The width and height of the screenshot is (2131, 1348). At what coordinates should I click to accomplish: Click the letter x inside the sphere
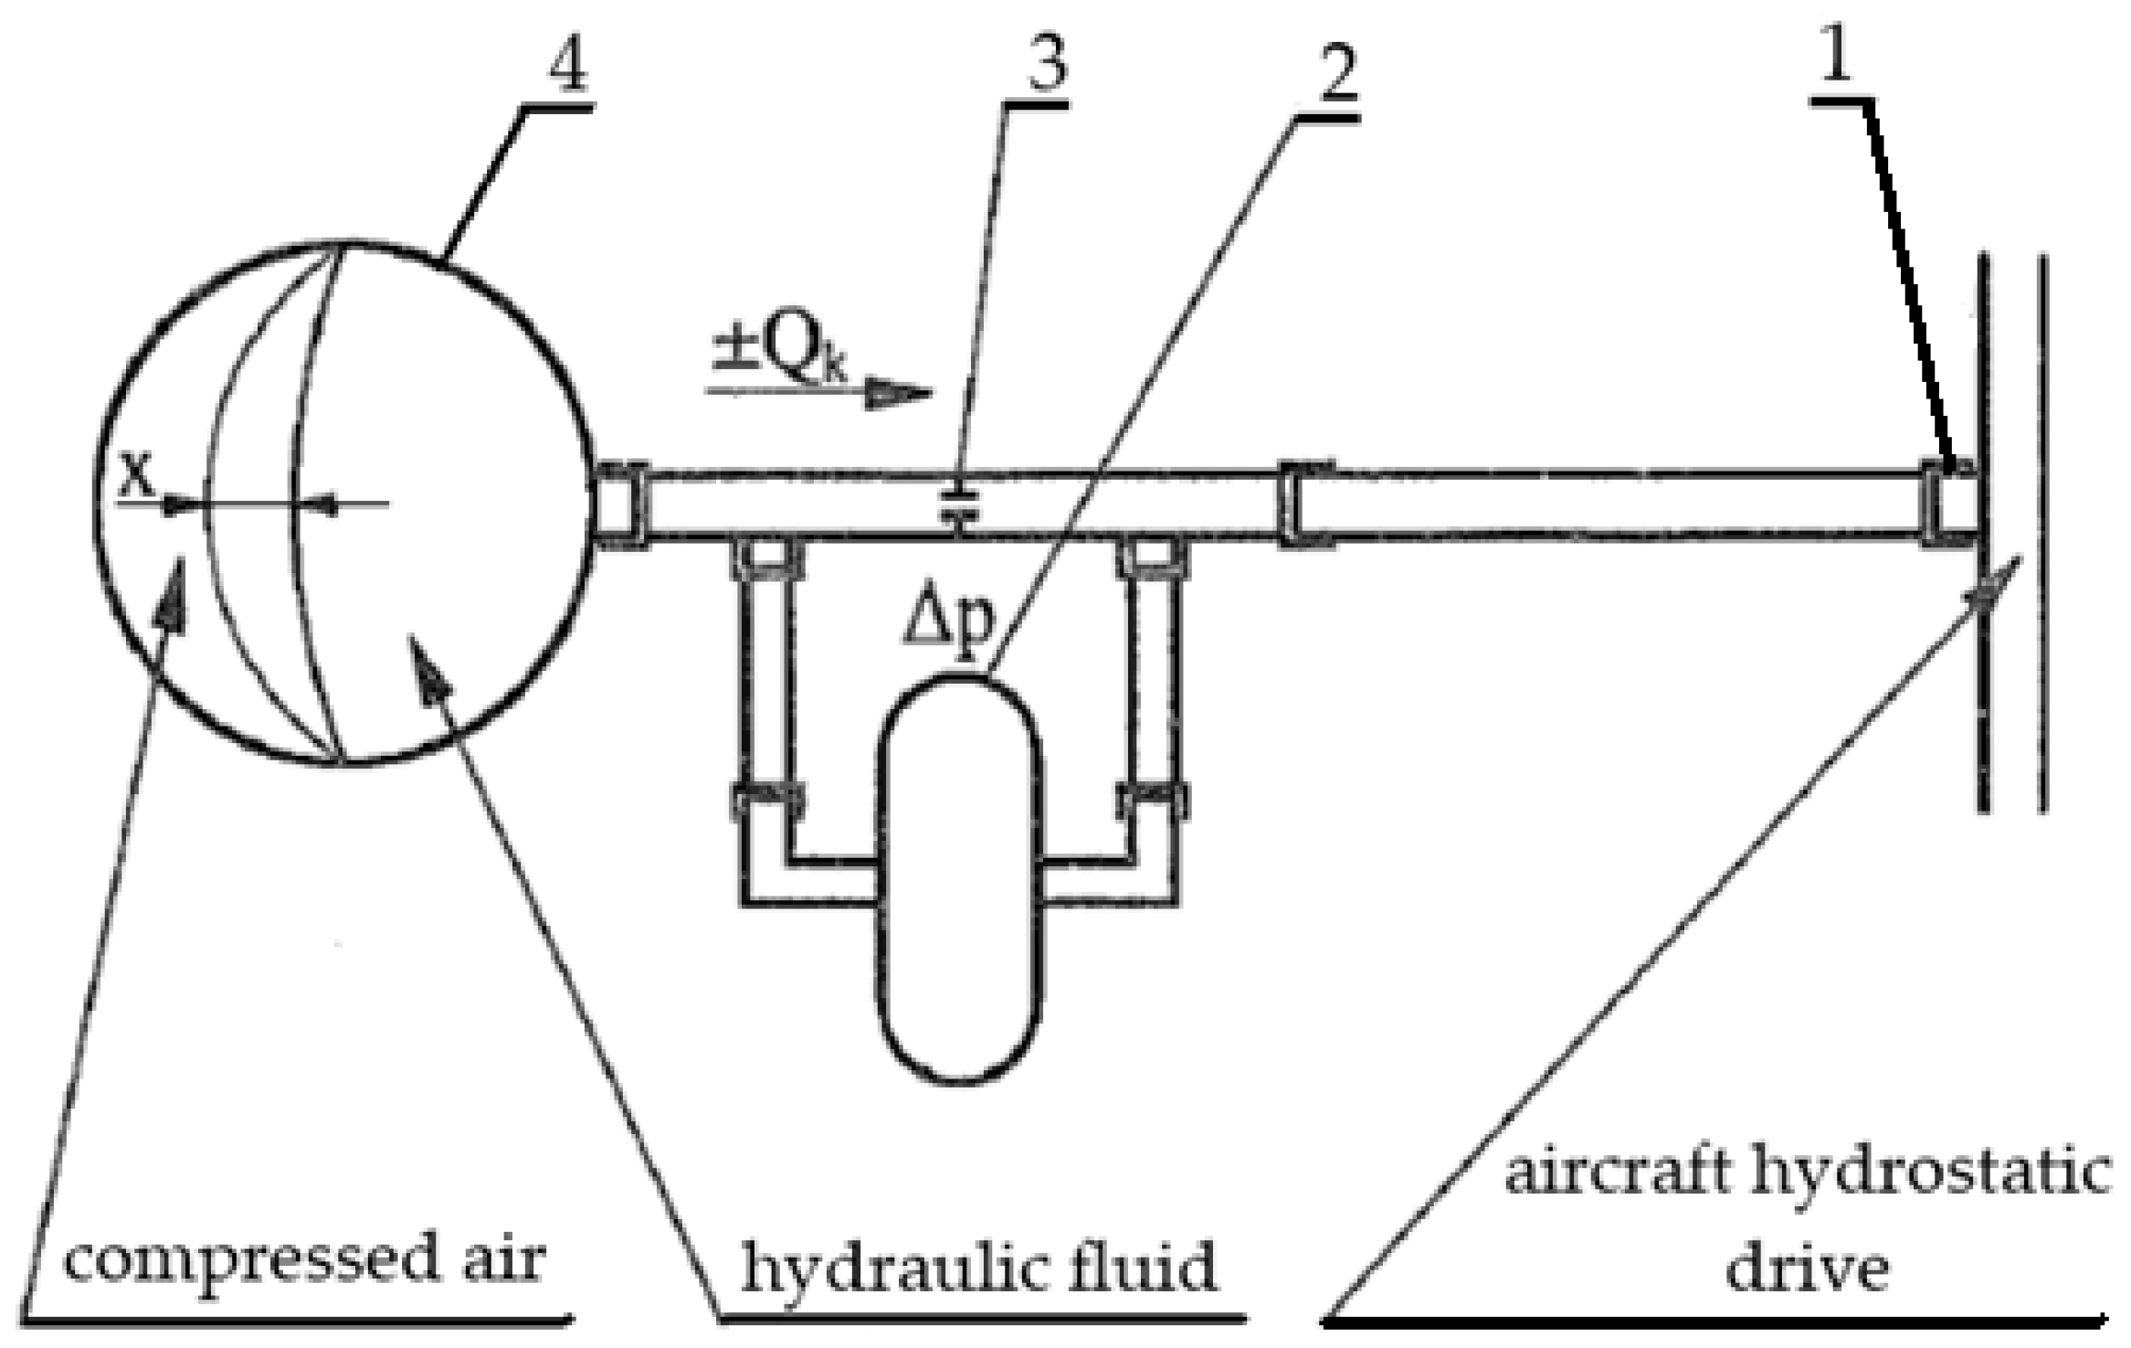point(137,477)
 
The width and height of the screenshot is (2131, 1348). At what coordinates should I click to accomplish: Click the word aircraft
point(1617,1172)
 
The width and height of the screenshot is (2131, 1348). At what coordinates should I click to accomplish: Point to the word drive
point(1806,1268)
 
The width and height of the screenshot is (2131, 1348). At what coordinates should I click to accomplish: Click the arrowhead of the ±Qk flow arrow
point(900,393)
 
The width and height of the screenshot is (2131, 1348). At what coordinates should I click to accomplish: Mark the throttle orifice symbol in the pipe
point(960,504)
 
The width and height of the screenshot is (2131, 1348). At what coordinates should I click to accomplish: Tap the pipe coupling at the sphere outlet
point(621,504)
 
